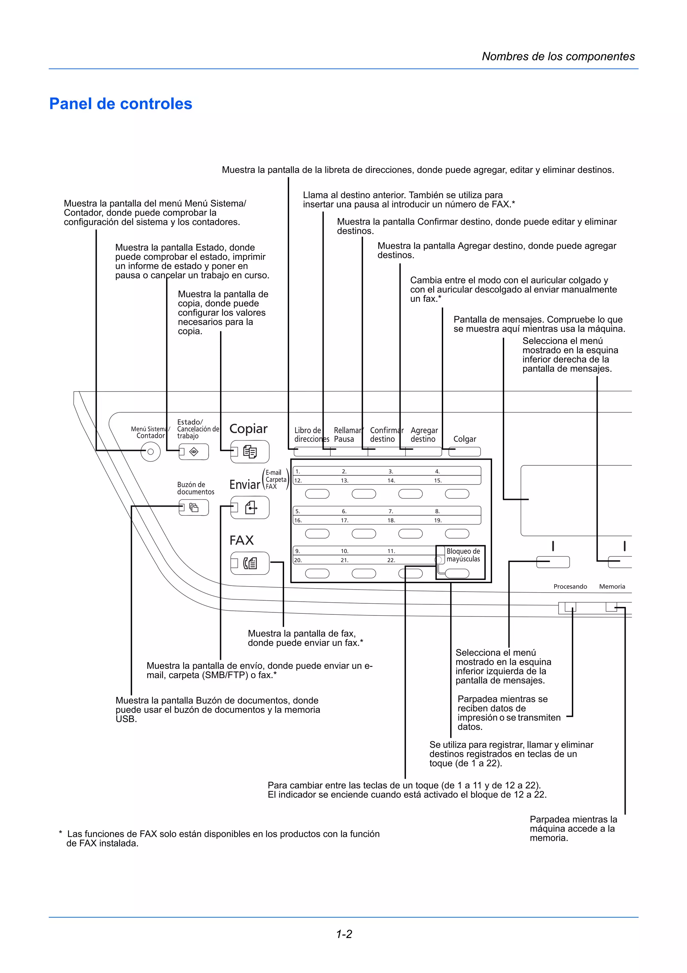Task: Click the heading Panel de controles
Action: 121,104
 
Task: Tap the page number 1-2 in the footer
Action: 344,934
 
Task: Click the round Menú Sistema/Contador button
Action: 150,452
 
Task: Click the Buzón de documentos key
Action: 194,508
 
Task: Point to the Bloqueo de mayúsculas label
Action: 463,555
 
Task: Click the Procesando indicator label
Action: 570,587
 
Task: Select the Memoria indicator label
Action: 612,587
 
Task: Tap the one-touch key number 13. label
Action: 345,480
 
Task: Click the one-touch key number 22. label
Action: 391,560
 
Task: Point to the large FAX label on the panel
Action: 241,540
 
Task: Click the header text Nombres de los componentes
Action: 558,56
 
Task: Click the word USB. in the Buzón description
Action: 126,719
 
